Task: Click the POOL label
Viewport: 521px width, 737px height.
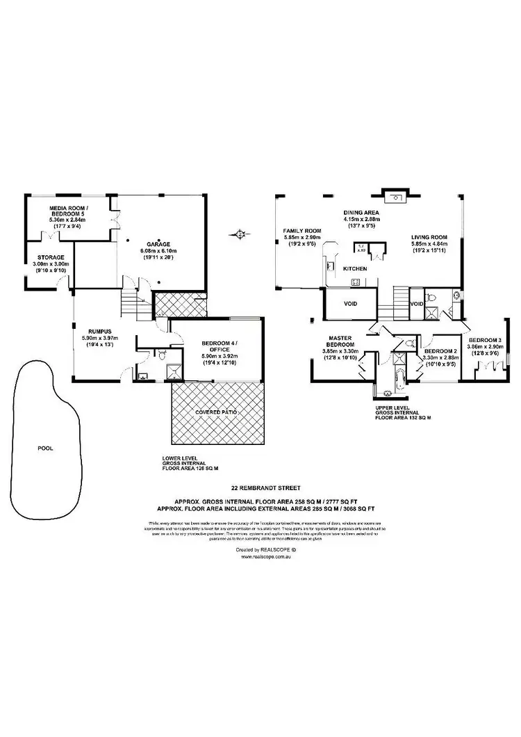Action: [44, 448]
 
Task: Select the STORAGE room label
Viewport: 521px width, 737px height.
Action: [51, 257]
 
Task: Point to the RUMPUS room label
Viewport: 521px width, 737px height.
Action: [92, 332]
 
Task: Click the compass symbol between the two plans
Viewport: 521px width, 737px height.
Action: [241, 234]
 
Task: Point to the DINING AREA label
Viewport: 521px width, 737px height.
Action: [359, 213]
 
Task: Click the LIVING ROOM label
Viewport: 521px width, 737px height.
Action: [428, 237]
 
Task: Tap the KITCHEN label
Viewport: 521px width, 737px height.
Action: [354, 268]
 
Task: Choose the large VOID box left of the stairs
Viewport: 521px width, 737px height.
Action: [351, 303]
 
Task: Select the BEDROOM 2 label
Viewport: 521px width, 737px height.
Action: [440, 351]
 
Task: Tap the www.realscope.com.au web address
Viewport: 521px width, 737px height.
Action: [260, 556]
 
